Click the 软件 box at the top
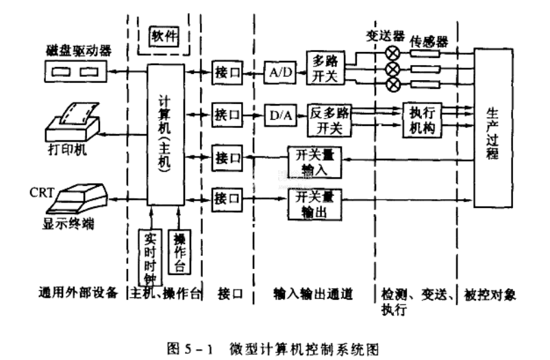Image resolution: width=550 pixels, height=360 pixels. click(163, 34)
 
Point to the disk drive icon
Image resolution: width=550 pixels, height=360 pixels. click(75, 70)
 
